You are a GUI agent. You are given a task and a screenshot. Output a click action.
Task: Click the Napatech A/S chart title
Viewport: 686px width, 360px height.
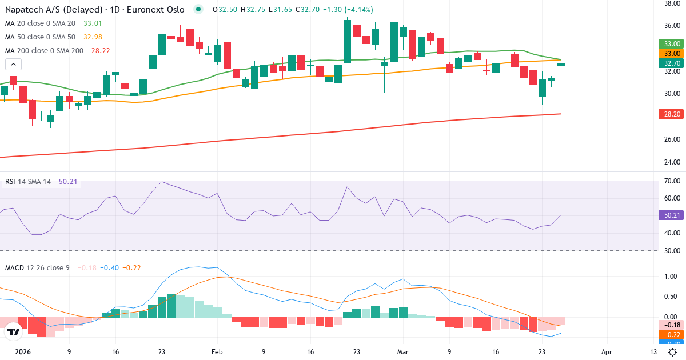94,9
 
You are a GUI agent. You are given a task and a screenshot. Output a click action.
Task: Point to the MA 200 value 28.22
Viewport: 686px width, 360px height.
100,50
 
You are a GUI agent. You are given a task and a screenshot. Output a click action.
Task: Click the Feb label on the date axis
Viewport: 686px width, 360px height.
217,353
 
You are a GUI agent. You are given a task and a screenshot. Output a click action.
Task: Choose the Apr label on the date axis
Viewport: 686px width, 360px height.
607,353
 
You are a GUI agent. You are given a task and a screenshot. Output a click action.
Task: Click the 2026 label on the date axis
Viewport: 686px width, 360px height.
22,353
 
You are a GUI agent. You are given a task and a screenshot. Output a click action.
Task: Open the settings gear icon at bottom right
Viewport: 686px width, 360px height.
673,353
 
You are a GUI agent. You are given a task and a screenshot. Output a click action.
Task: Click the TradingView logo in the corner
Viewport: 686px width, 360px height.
14,331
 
